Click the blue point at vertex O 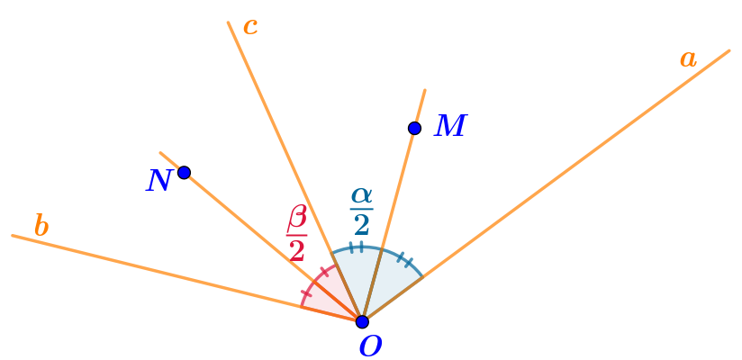click(362, 321)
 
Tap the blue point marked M click(414, 128)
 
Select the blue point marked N click(184, 172)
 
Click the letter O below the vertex click(370, 346)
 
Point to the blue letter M click(450, 127)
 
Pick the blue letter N click(158, 181)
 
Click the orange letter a click(688, 59)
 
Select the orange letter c click(250, 27)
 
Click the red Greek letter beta click(297, 218)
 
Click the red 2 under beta click(297, 250)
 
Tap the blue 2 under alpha click(361, 224)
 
